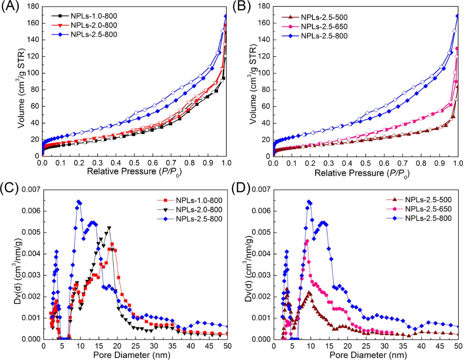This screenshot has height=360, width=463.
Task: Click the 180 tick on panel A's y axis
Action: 33,6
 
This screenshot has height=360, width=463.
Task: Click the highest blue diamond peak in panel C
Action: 79,202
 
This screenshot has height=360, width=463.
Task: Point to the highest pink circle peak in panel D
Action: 307,242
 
